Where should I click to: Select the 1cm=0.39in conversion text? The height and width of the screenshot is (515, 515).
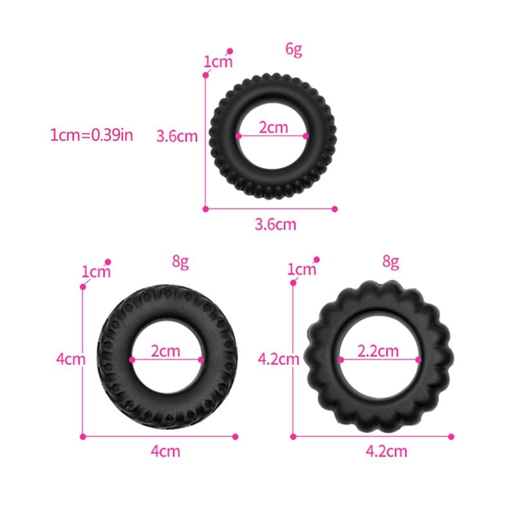pos(92,135)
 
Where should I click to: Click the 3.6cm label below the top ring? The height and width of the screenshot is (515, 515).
pos(276,225)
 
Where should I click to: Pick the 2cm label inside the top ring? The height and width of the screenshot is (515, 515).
pos(273,127)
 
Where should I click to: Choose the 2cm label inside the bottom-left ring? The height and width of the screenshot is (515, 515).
pos(166,351)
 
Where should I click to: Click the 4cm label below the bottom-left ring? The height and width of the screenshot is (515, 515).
pos(165,451)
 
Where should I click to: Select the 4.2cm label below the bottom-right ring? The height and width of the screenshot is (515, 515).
pos(386,451)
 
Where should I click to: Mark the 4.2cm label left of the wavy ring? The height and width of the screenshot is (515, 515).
pos(279,359)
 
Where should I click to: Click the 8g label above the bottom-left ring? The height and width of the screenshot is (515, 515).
pos(180,261)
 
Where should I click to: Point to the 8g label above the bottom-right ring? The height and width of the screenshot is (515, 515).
pos(391,261)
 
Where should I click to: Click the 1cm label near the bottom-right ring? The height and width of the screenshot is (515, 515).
pos(302,269)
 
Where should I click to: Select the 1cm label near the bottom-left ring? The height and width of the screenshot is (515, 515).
pos(96,272)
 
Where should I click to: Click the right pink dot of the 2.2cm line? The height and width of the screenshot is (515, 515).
pos(420,360)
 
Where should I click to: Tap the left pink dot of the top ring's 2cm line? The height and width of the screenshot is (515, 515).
pos(238,136)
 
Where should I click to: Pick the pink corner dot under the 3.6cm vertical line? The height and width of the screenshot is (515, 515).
pos(206,209)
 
